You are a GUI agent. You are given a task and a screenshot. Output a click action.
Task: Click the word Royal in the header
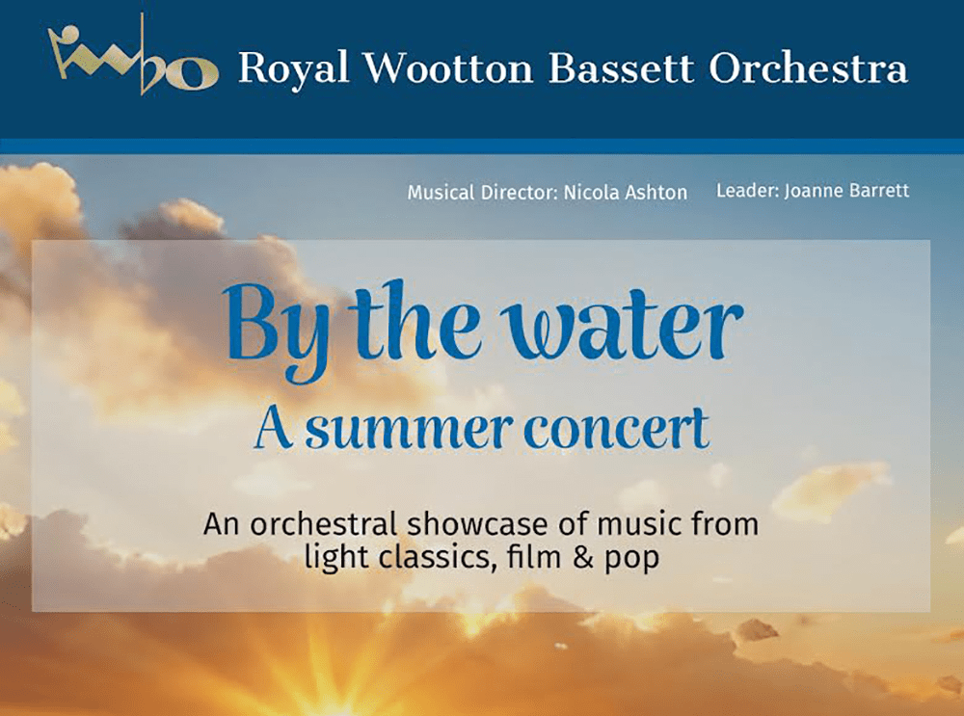click(294, 68)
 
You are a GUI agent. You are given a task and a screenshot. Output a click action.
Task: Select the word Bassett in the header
click(621, 67)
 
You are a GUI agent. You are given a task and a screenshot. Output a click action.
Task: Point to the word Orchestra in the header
click(809, 66)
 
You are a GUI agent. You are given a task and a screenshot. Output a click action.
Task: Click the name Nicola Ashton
click(626, 193)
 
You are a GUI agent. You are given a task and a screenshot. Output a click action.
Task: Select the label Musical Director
click(483, 193)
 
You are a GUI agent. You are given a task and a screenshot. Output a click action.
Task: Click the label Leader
click(748, 191)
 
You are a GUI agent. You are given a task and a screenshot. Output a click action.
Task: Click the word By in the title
click(276, 330)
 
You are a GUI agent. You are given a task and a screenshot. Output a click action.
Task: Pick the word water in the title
click(622, 327)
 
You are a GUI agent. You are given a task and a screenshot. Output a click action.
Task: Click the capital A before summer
click(273, 428)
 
